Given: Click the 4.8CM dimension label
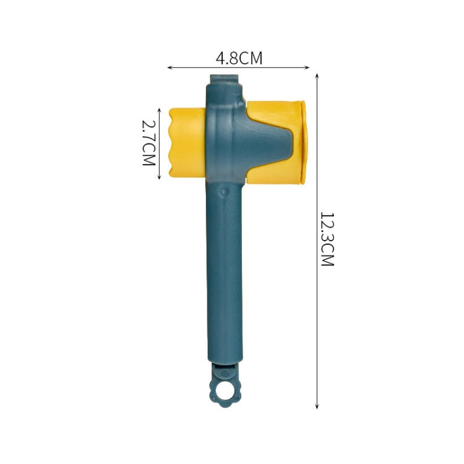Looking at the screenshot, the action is tap(239, 58).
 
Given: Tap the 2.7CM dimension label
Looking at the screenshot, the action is tap(148, 143).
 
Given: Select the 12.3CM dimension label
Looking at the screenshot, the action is tap(327, 239).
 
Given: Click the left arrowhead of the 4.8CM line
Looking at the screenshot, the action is tap(170, 68).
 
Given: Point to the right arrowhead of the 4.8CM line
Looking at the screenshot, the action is tap(307, 68).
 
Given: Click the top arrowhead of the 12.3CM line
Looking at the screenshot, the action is tap(317, 75).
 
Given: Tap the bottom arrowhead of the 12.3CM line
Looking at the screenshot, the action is tap(317, 406).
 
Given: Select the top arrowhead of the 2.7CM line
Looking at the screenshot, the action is tap(159, 111).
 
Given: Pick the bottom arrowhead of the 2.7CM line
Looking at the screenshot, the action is tap(159, 177).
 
